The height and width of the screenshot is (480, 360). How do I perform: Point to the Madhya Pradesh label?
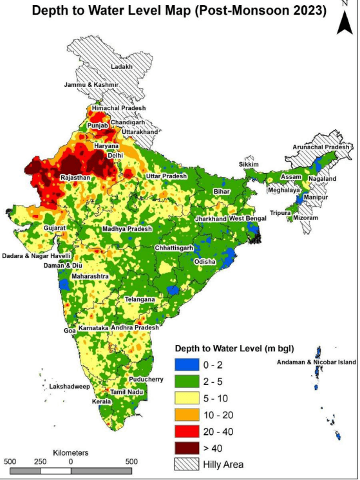[x=127, y=229]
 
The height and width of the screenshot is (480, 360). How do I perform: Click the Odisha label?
[x=205, y=262]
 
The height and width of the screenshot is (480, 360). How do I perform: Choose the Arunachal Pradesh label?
[x=320, y=147]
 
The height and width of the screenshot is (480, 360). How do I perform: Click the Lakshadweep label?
[x=69, y=387]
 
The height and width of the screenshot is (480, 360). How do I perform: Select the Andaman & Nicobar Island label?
[x=314, y=362]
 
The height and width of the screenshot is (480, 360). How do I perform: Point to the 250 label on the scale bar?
[x=40, y=462]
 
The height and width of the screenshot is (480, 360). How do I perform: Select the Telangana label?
[x=140, y=300]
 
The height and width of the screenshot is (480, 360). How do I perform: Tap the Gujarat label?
[x=55, y=228]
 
